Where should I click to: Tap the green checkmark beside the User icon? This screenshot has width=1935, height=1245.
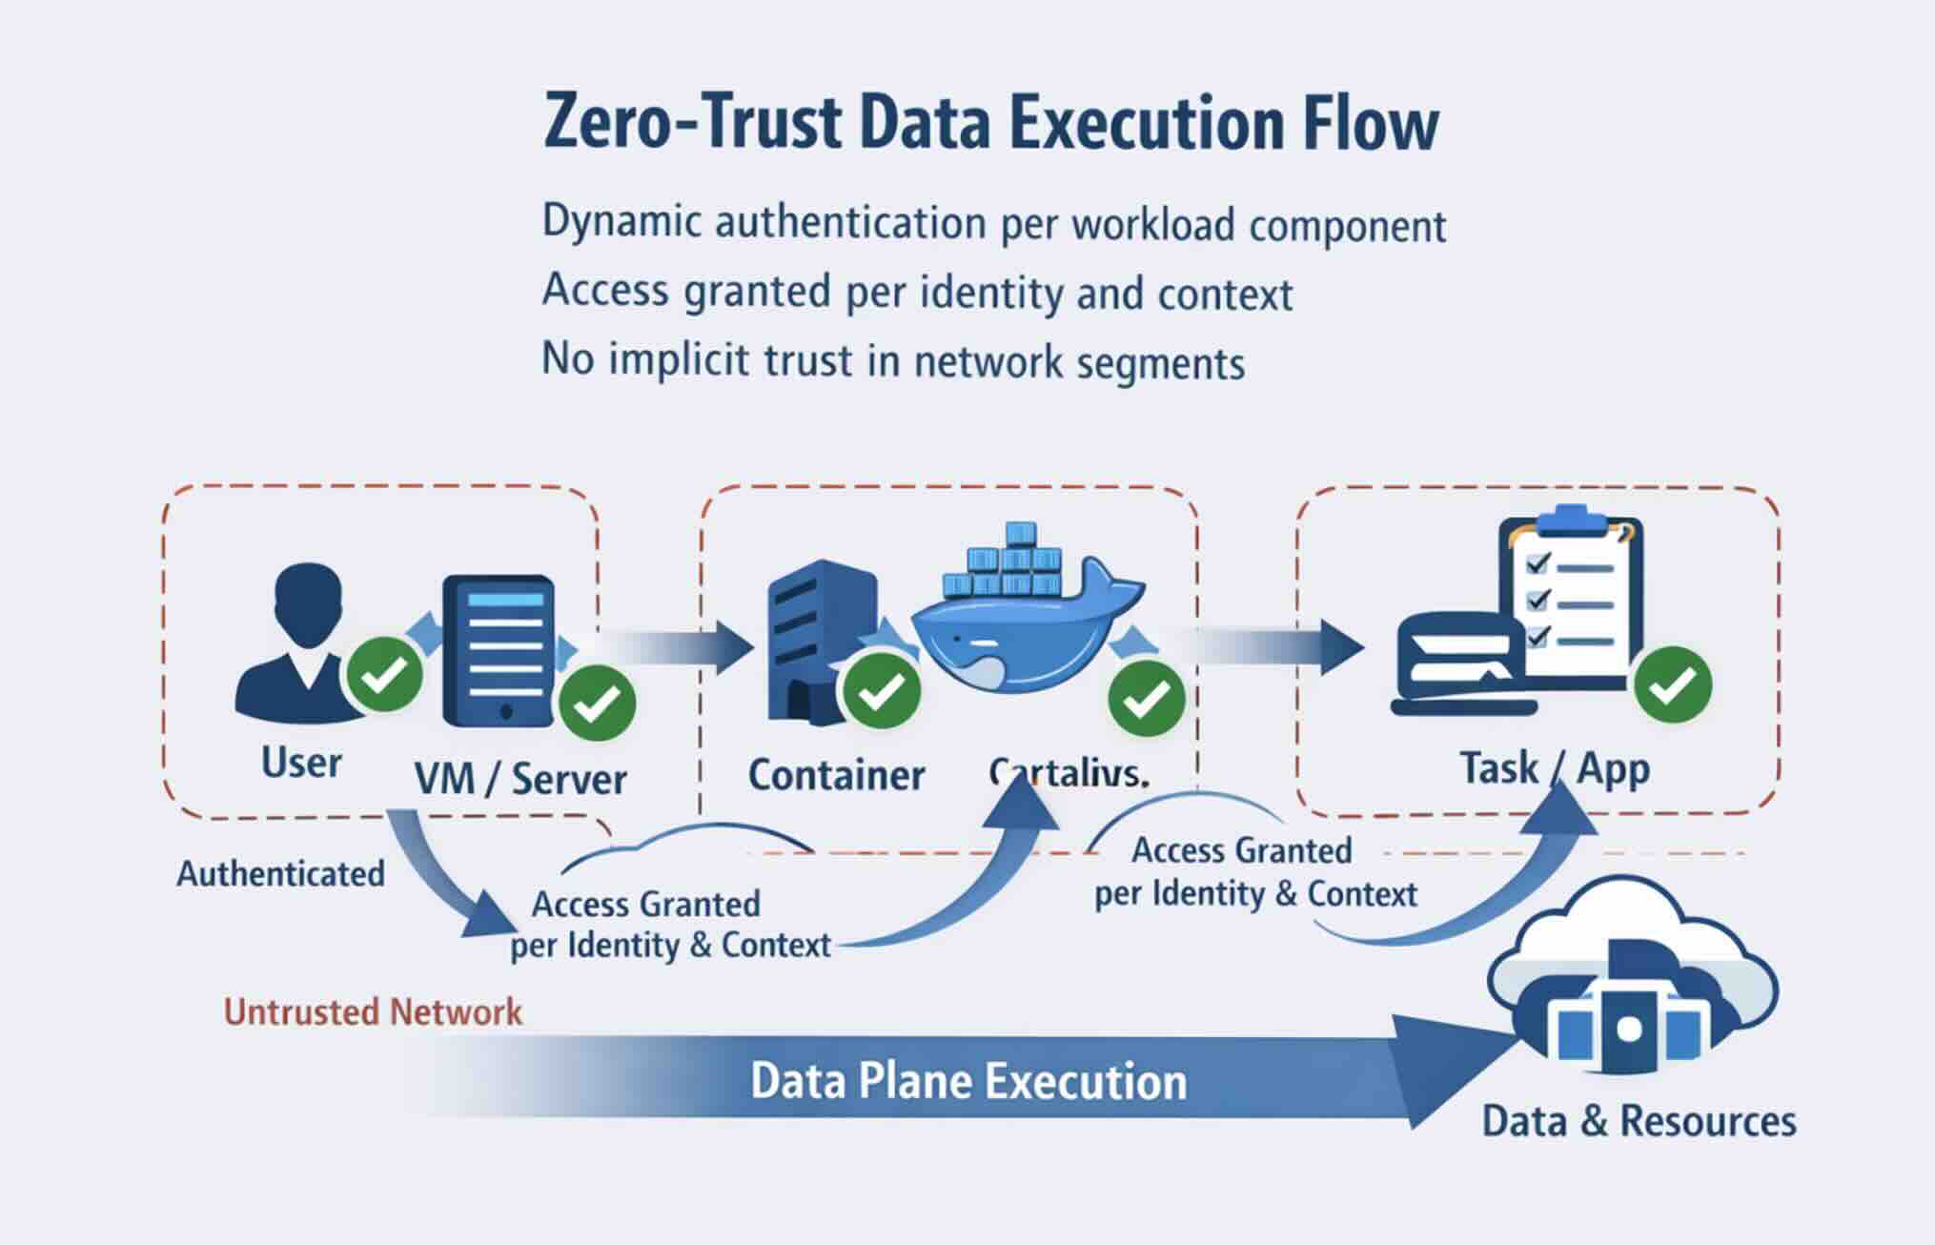[384, 675]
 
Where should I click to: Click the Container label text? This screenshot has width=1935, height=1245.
[836, 775]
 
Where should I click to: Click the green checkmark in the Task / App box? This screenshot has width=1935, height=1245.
[1673, 685]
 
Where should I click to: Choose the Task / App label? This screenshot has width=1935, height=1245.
[1554, 768]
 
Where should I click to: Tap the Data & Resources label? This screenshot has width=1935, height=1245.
[1639, 1121]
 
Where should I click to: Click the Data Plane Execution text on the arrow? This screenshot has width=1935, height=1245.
[968, 1082]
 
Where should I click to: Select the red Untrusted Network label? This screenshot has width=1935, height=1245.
[373, 1012]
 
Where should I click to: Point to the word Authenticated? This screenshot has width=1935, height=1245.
[280, 874]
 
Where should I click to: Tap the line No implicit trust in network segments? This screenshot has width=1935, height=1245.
[893, 361]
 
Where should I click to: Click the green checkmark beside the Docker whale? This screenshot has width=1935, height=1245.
[1146, 699]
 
